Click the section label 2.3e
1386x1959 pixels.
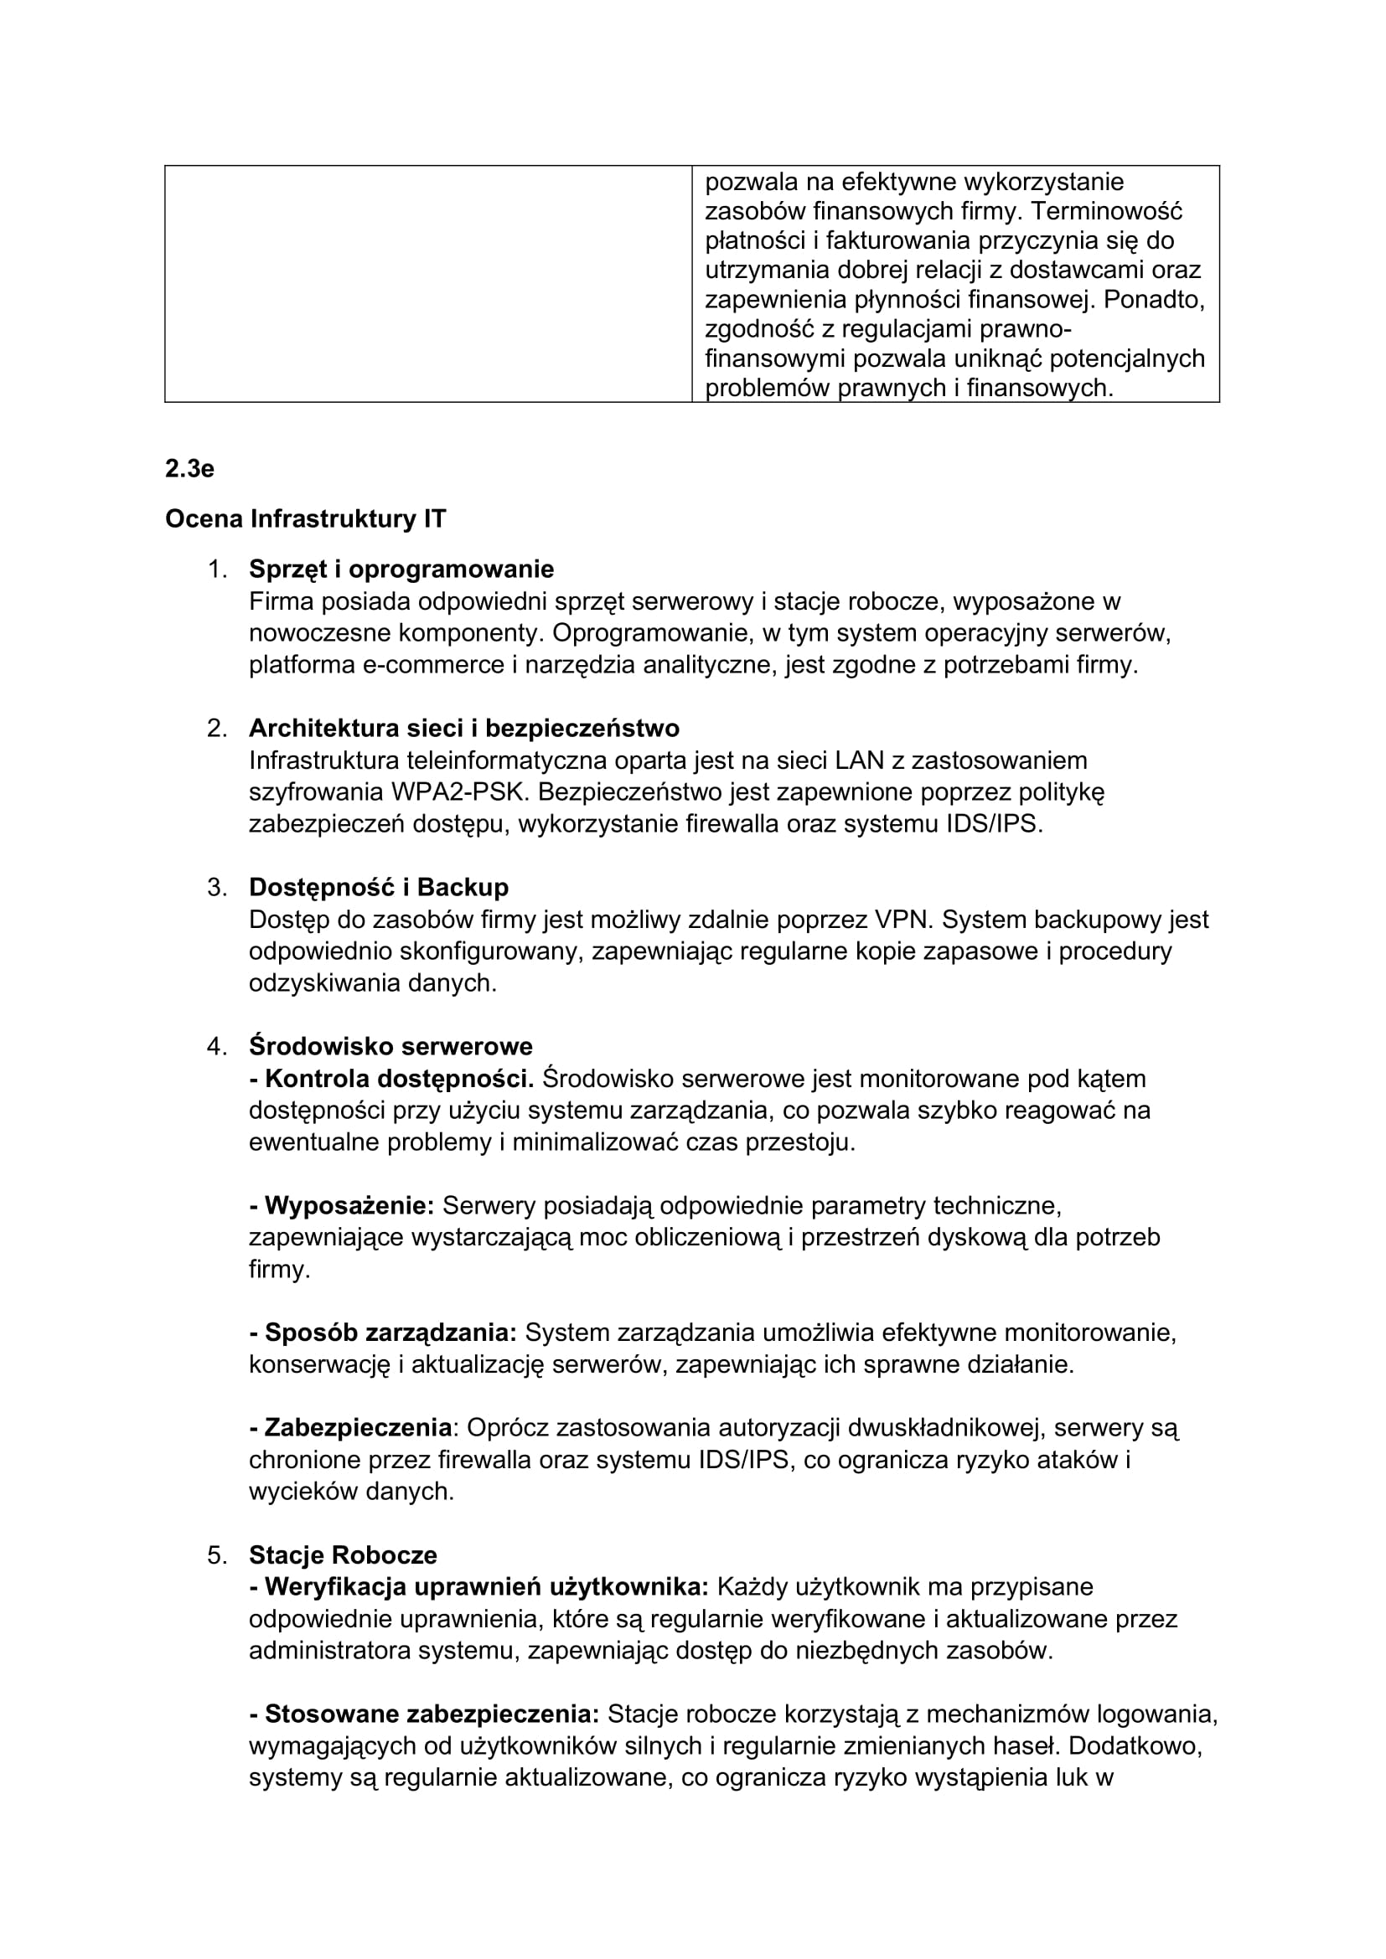189,468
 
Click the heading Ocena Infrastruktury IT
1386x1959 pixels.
305,518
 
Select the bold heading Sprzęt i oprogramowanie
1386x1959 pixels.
401,569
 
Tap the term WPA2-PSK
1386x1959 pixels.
461,791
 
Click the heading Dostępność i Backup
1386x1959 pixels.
378,887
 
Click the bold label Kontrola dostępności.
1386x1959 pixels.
391,1079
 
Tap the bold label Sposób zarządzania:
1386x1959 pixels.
383,1333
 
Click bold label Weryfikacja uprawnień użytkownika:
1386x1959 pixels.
478,1587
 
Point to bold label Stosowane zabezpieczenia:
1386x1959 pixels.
424,1714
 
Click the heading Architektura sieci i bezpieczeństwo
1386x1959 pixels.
464,728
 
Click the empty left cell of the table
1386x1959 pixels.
427,283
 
